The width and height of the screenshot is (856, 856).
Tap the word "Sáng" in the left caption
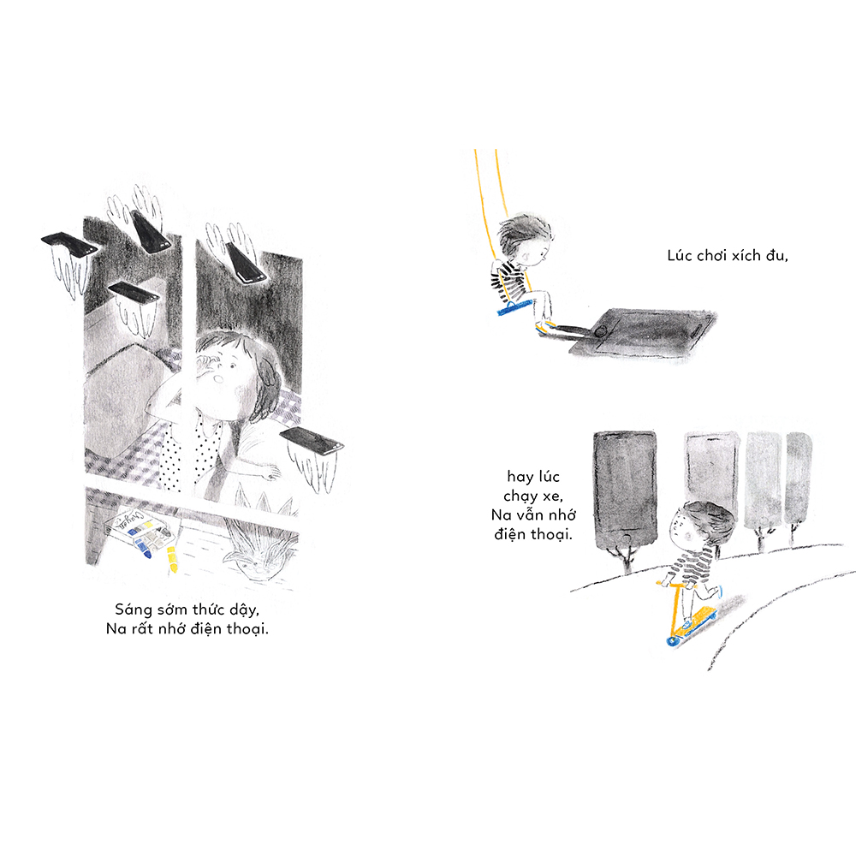point(133,610)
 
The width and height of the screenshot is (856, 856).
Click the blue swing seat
point(514,306)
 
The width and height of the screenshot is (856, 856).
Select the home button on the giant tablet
point(601,330)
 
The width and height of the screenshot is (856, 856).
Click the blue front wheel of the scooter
point(671,641)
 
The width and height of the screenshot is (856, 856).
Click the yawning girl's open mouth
point(218,377)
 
